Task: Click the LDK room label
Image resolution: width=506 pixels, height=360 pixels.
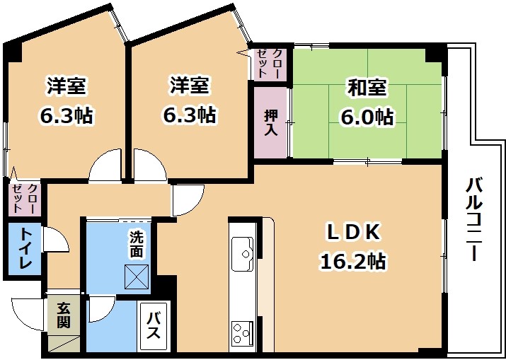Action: click(353, 232)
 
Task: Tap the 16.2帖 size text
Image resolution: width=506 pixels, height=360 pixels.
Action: click(352, 261)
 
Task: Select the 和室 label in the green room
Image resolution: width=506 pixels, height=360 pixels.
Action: click(367, 88)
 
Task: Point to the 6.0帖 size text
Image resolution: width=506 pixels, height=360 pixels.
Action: click(367, 116)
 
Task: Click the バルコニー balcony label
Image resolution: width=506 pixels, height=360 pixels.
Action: click(475, 219)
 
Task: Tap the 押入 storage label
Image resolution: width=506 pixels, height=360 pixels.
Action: click(271, 123)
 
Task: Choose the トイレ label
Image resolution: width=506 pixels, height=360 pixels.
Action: click(25, 248)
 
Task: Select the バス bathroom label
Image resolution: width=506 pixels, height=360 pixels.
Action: click(153, 326)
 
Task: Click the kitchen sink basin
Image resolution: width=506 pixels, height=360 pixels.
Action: click(243, 254)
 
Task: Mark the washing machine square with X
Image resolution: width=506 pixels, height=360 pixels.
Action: click(137, 277)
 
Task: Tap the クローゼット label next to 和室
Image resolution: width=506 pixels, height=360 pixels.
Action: click(270, 63)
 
